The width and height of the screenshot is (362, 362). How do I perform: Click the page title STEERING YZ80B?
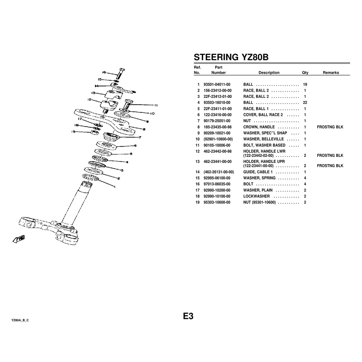(231, 57)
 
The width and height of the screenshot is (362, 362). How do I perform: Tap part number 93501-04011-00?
(217, 84)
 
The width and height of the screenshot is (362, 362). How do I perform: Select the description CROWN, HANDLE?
(259, 127)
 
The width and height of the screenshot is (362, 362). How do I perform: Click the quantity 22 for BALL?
(305, 103)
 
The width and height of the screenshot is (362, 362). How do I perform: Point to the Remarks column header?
(331, 73)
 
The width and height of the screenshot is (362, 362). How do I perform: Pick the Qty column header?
(305, 73)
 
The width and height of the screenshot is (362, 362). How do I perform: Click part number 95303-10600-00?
(217, 202)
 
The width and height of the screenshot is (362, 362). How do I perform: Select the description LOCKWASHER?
(256, 196)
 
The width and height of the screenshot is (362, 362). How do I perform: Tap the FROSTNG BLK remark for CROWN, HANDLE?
(330, 127)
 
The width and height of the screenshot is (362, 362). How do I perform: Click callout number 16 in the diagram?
(104, 72)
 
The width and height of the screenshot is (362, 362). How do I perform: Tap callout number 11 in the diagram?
(156, 106)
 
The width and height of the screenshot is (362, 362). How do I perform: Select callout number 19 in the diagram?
(73, 131)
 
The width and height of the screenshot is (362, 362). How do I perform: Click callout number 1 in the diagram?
(114, 187)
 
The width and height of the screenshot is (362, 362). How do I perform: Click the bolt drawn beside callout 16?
(120, 74)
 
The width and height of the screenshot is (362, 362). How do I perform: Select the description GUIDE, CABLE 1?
(258, 172)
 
